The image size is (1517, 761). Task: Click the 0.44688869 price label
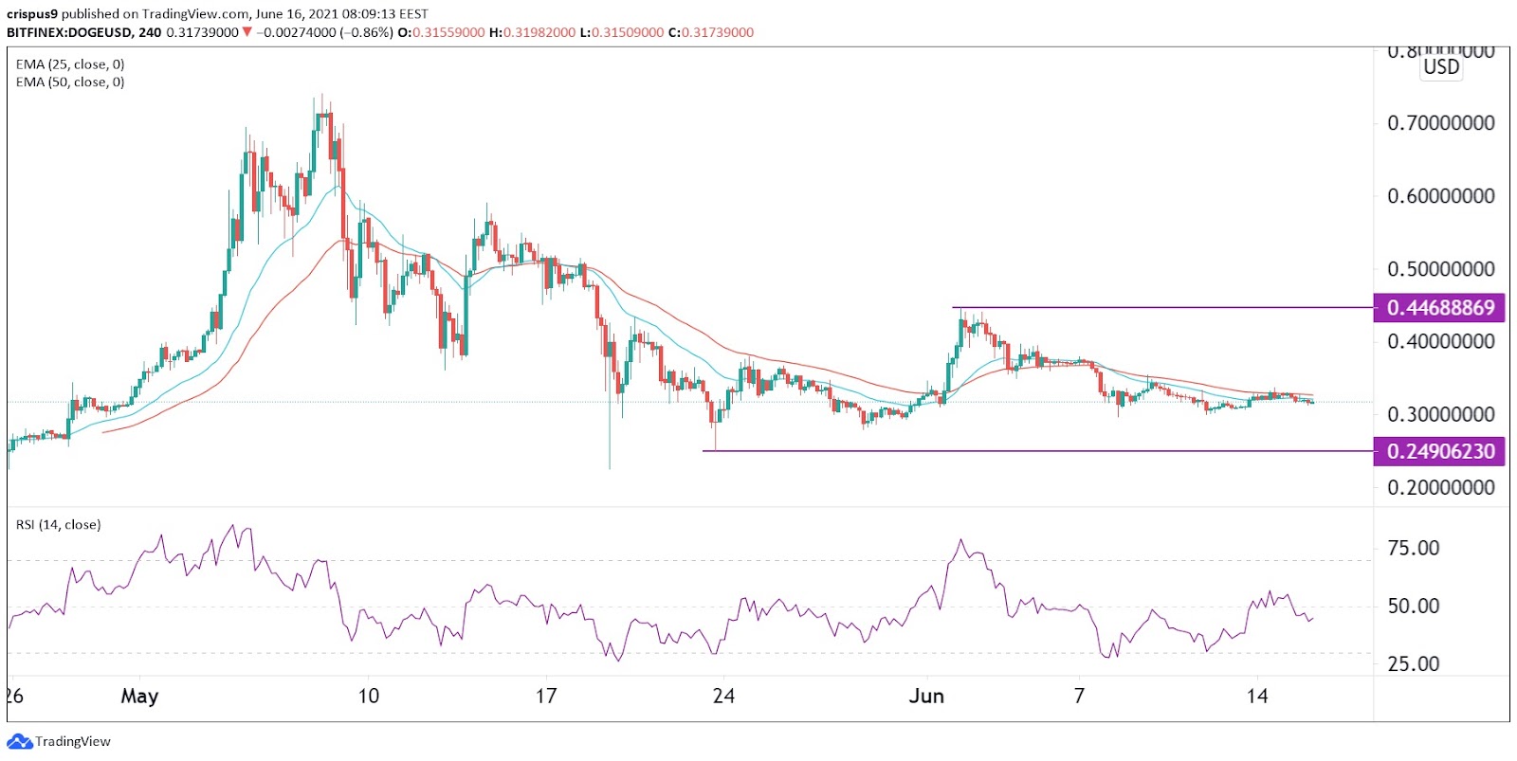click(1439, 308)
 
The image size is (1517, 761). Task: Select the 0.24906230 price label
click(1439, 451)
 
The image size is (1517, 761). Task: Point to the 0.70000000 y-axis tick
click(1440, 123)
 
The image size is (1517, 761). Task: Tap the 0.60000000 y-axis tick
click(1440, 196)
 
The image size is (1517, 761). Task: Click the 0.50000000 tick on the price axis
click(1440, 269)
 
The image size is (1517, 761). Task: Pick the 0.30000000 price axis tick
click(1440, 414)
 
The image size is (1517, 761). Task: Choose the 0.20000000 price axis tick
click(1440, 487)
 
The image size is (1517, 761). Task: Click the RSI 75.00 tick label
click(1413, 548)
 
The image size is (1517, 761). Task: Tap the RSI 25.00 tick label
click(1413, 663)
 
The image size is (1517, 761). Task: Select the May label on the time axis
click(139, 697)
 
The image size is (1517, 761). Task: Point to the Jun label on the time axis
click(926, 697)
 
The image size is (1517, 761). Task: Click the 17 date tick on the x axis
click(545, 697)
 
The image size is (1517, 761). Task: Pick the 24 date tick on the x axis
click(723, 697)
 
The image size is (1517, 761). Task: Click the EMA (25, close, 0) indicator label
click(70, 64)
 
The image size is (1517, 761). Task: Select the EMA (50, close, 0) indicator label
click(70, 82)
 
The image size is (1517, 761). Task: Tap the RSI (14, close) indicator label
click(58, 525)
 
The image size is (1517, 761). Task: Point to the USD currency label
click(1441, 67)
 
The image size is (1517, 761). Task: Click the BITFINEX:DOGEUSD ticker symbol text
click(69, 32)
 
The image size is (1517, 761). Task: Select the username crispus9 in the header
click(32, 14)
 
